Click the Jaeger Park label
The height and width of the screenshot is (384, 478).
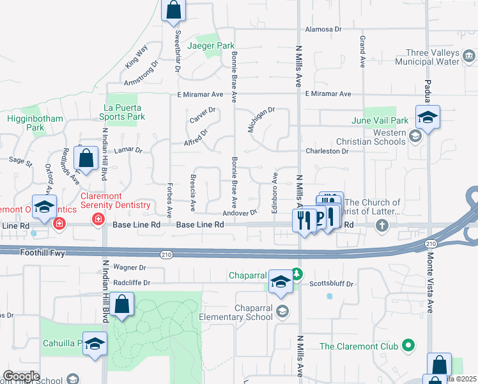click(x=211, y=46)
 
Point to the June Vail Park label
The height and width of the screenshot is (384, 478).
click(x=379, y=120)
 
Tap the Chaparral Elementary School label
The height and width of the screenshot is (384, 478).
click(x=254, y=313)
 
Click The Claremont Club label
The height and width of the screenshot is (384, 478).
click(x=358, y=347)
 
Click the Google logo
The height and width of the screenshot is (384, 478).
click(x=21, y=376)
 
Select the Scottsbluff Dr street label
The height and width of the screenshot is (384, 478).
click(x=331, y=284)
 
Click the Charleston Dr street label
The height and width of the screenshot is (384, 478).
click(x=327, y=152)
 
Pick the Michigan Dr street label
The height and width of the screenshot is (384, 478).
click(x=261, y=119)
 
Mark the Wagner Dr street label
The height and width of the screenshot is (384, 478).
click(x=130, y=267)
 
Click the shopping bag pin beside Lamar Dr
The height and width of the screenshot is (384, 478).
click(x=86, y=157)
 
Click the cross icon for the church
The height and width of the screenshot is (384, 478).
click(x=382, y=225)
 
